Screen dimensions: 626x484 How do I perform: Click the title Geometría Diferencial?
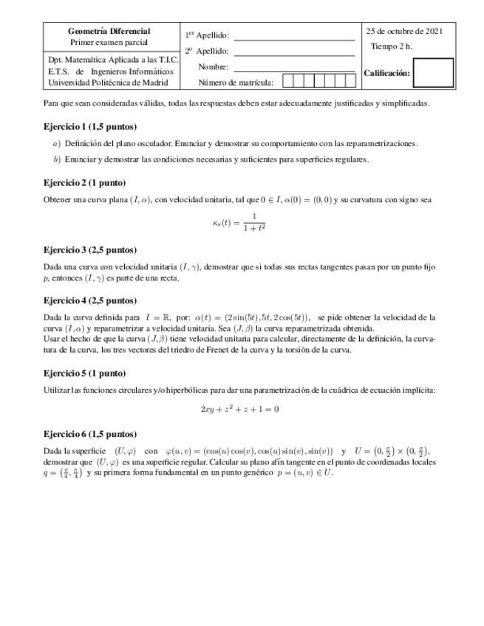point(109,32)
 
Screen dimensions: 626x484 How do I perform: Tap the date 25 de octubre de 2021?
point(404,31)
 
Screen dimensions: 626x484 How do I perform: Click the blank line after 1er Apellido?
point(294,35)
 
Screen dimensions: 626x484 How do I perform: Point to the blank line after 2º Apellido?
point(294,52)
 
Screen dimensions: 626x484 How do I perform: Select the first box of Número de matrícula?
point(288,82)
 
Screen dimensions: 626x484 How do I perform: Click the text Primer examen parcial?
point(109,43)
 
